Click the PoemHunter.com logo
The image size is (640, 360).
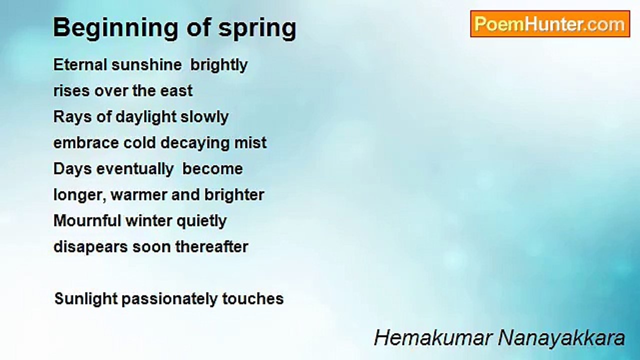pyautogui.click(x=550, y=24)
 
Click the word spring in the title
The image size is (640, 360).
pyautogui.click(x=257, y=28)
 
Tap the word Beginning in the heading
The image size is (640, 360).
pyautogui.click(x=115, y=28)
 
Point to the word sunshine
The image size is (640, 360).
pyautogui.click(x=146, y=64)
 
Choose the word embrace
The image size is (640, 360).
pyautogui.click(x=86, y=142)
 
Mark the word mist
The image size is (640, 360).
pyautogui.click(x=250, y=142)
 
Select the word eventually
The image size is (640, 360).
pyautogui.click(x=135, y=169)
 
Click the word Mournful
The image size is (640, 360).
pyautogui.click(x=87, y=221)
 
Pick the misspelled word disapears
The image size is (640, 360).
pyautogui.click(x=90, y=247)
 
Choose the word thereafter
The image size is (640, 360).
pyautogui.click(x=211, y=246)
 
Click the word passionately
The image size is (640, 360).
pyautogui.click(x=169, y=299)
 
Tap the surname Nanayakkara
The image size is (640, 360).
pyautogui.click(x=561, y=338)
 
